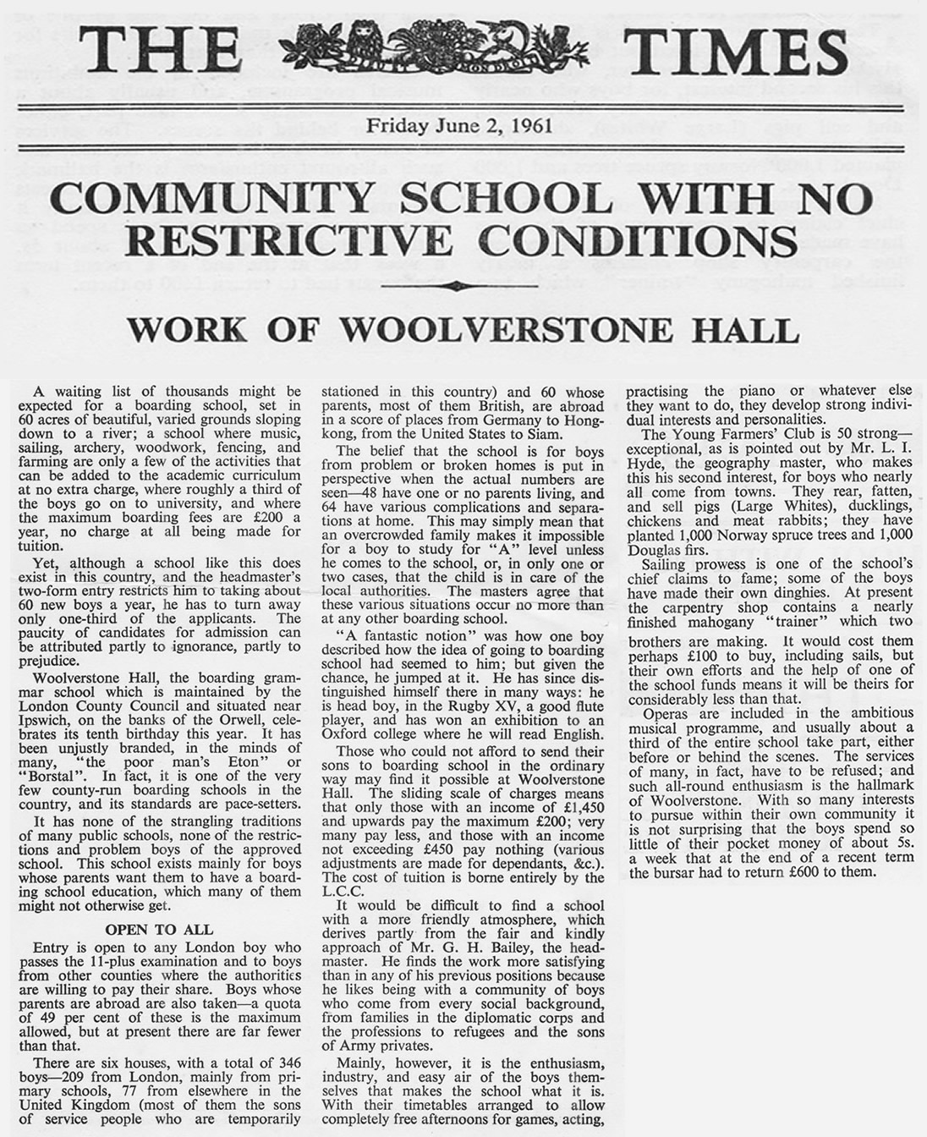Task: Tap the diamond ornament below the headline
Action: coord(463,286)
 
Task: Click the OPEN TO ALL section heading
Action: coord(159,930)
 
